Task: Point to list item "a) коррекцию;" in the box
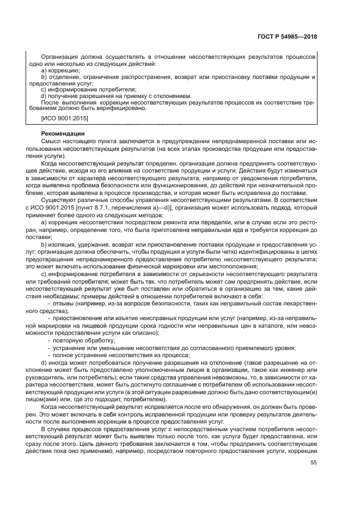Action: point(60,71)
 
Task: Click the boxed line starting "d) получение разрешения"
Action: point(109,96)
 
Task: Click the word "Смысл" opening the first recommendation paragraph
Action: point(51,141)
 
